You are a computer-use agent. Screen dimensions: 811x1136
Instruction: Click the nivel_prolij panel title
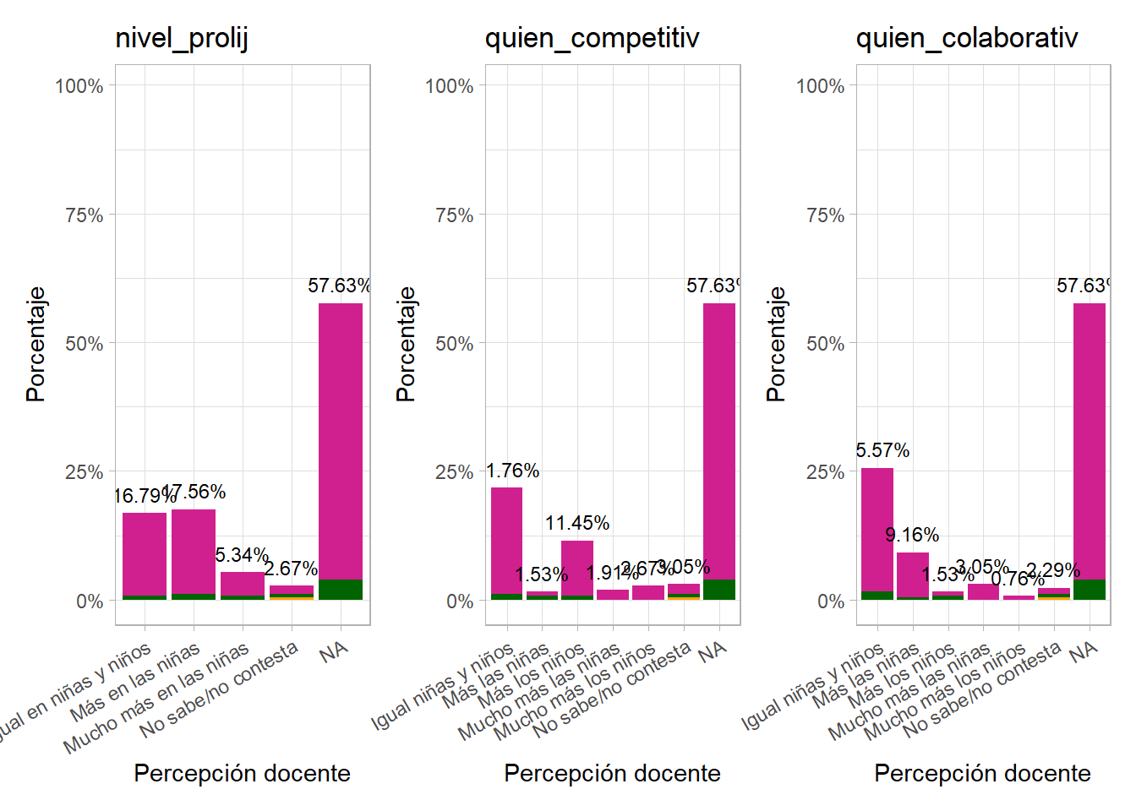(182, 38)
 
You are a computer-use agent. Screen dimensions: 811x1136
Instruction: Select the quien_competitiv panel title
(592, 38)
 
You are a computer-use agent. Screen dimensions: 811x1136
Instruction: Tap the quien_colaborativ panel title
(967, 38)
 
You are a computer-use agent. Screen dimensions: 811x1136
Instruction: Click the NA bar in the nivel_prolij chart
(341, 448)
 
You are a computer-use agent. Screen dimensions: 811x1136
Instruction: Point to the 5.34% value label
(242, 555)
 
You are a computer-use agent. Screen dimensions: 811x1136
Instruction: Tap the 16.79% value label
(144, 496)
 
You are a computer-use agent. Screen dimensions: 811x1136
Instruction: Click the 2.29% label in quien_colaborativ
(1053, 570)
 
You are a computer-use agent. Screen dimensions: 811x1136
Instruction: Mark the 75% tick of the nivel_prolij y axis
(85, 215)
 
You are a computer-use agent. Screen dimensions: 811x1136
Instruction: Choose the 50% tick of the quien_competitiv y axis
(455, 344)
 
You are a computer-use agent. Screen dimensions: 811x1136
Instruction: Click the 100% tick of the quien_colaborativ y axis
(820, 86)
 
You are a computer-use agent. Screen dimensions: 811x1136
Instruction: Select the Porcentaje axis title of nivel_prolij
(35, 344)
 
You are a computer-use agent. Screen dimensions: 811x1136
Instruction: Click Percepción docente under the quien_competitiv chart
(612, 773)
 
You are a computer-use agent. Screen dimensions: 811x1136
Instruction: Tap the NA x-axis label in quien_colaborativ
(1083, 651)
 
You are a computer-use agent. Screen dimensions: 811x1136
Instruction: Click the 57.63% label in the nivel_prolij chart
(339, 286)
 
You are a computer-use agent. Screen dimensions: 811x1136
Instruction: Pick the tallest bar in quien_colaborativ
(1090, 448)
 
